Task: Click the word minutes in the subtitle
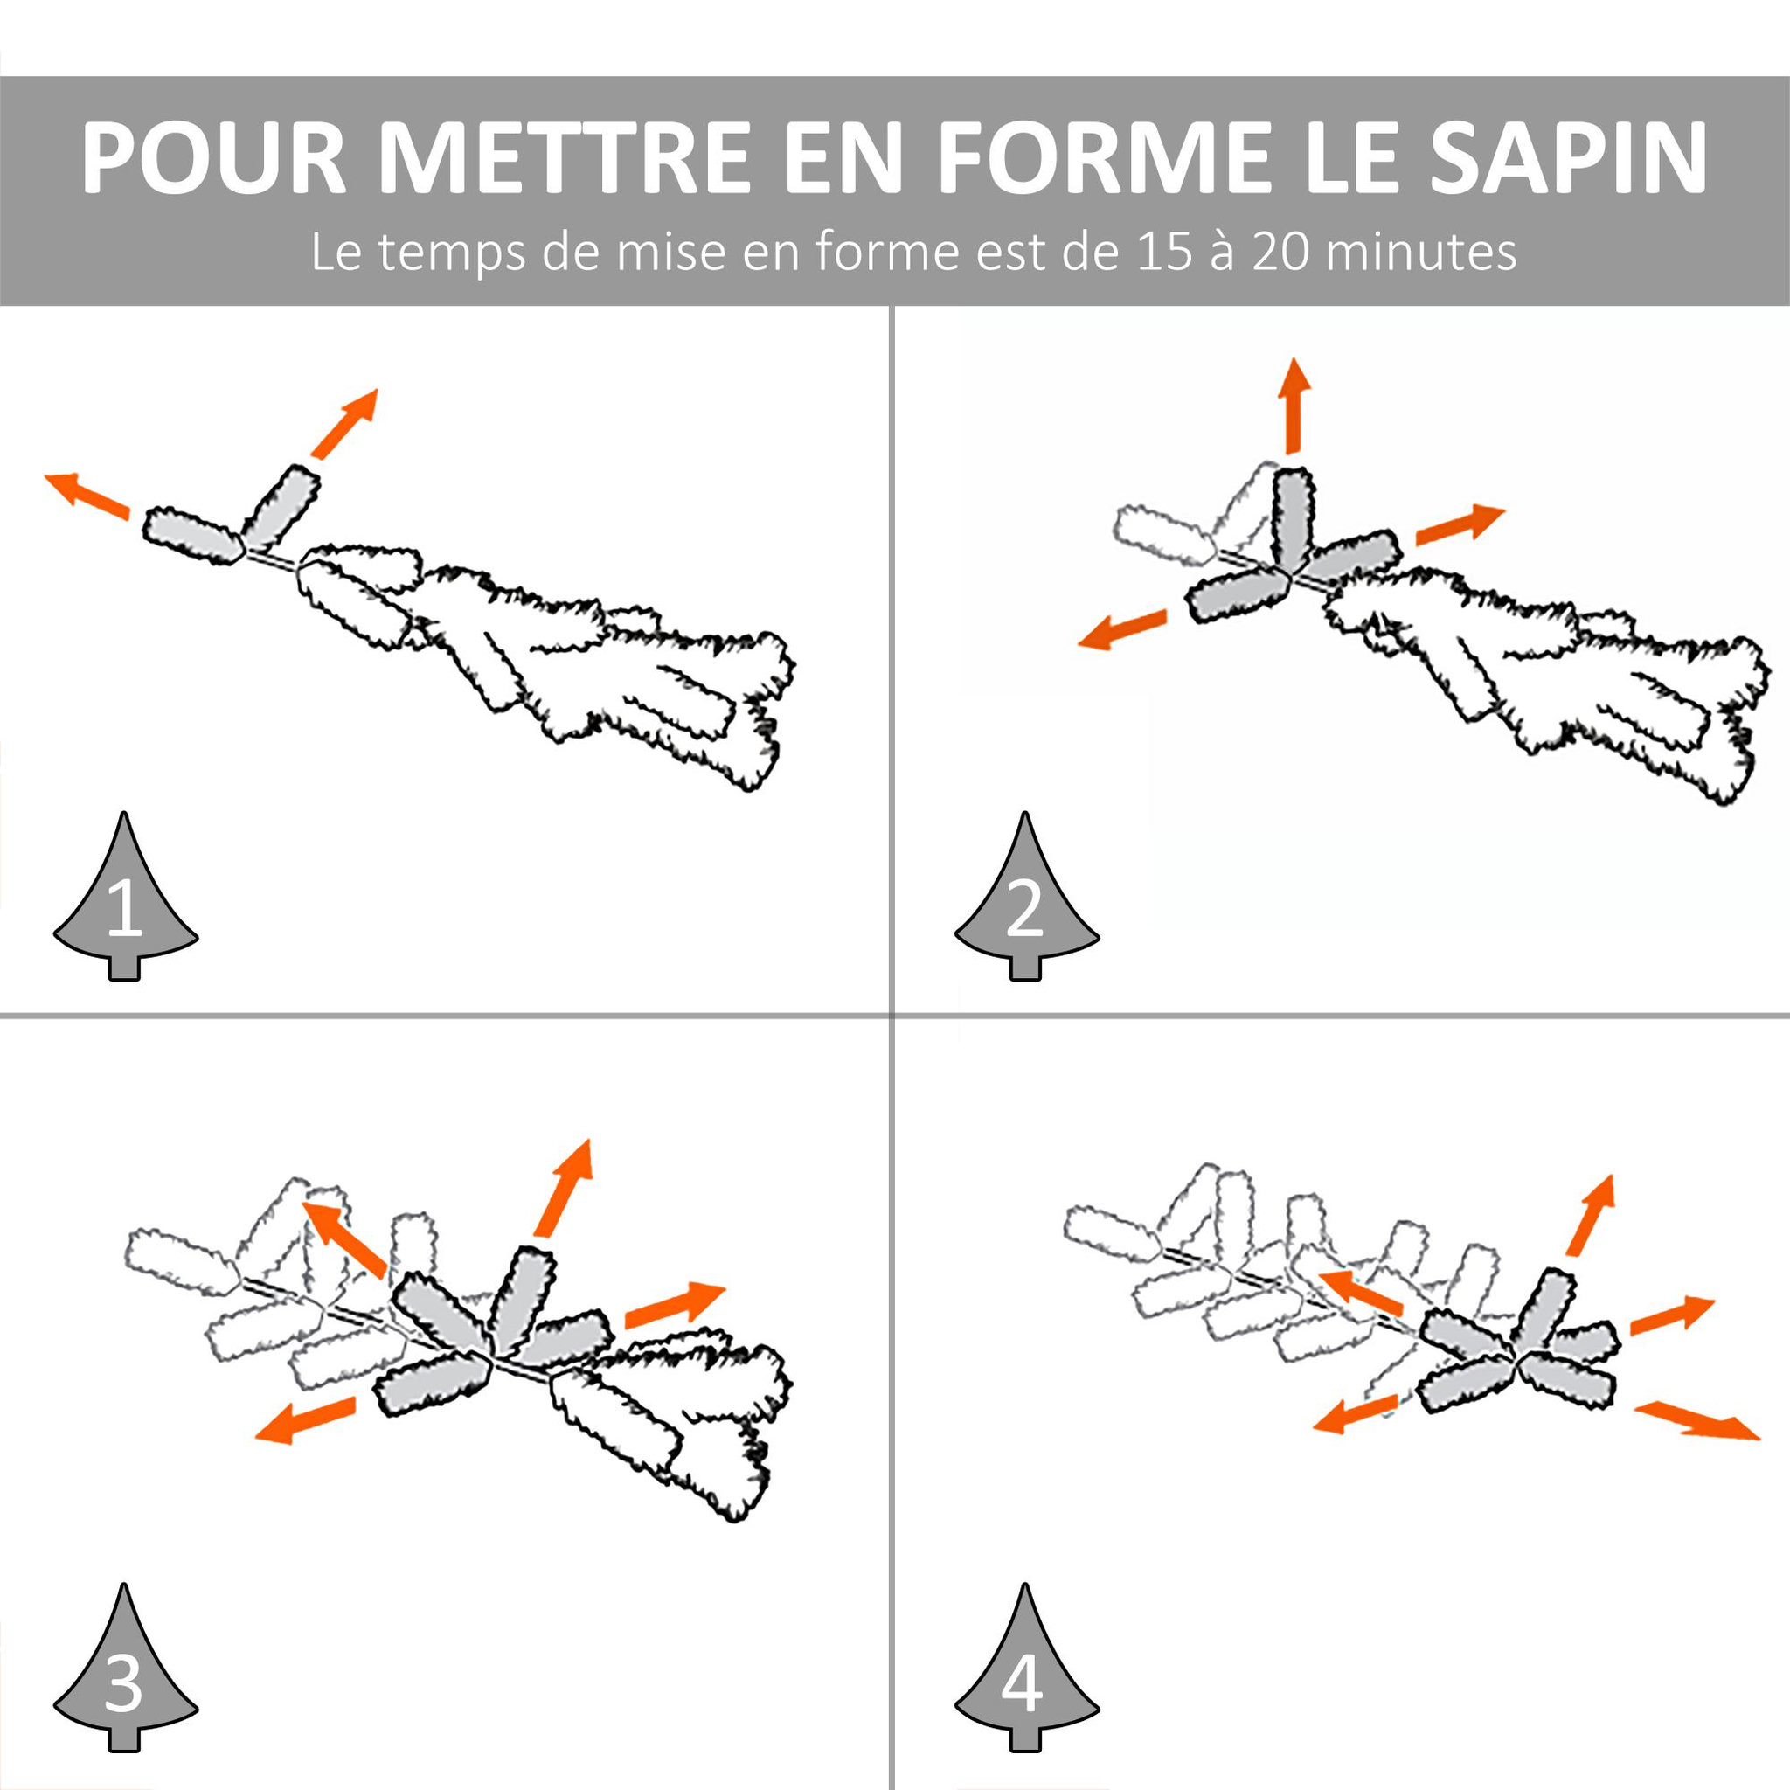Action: click(x=1421, y=252)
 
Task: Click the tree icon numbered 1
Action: click(x=125, y=895)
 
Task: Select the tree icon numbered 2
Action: click(x=1027, y=895)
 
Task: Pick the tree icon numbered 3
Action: click(x=125, y=1616)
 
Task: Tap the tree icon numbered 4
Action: click(x=1027, y=1616)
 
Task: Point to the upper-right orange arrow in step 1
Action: click(x=344, y=423)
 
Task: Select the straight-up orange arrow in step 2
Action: click(x=1294, y=406)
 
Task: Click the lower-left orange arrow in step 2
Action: click(x=1121, y=629)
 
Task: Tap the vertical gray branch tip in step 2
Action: click(x=1294, y=519)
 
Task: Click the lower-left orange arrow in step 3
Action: click(x=305, y=1421)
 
